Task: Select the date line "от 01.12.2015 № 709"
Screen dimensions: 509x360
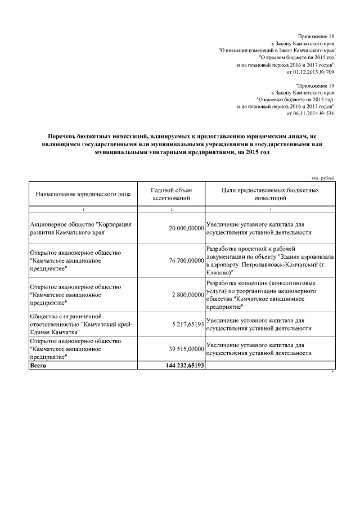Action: point(310,73)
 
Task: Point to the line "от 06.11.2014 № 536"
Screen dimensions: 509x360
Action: point(310,113)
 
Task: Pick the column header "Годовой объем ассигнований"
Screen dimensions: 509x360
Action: point(171,195)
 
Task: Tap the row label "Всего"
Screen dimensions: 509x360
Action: point(38,366)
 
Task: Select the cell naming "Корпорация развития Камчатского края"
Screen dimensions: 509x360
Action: point(80,228)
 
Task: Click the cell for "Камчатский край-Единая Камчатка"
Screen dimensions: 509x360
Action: point(80,325)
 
